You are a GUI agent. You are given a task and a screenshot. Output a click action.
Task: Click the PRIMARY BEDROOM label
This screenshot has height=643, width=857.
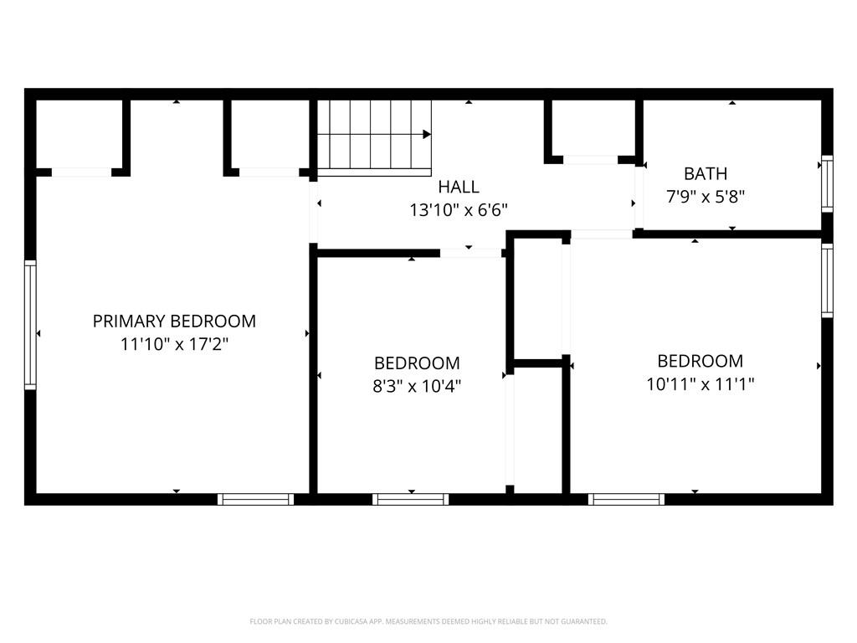174,321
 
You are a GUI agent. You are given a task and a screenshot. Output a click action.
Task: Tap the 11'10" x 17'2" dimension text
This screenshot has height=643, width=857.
174,343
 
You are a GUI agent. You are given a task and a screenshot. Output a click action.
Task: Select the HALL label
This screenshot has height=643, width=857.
459,187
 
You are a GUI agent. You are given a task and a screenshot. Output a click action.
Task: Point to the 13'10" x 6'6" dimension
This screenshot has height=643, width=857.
459,209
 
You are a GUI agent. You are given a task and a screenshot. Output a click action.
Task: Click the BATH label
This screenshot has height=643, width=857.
706,174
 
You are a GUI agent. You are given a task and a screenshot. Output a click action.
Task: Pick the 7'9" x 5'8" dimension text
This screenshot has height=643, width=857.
706,197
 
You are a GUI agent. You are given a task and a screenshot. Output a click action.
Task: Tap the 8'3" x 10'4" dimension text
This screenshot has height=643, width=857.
417,386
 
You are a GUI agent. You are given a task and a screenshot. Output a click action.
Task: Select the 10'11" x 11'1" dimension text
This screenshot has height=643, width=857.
700,384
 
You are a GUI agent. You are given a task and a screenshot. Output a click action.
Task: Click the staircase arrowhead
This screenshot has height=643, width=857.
427,134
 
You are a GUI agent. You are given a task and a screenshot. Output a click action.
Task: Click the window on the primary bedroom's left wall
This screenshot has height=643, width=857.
31,325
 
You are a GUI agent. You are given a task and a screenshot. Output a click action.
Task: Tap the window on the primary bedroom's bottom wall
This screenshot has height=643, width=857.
256,499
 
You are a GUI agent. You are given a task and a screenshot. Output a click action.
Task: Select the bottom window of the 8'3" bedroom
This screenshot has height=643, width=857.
410,499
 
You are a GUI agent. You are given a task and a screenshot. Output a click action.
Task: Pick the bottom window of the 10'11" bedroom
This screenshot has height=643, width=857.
626,499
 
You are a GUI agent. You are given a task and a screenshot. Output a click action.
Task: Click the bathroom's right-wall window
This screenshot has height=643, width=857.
827,183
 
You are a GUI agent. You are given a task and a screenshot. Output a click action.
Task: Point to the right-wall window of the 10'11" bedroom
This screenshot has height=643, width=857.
827,280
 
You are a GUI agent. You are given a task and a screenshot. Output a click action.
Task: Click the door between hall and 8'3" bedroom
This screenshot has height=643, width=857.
470,253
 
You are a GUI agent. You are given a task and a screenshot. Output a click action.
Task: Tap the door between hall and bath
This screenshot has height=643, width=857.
639,198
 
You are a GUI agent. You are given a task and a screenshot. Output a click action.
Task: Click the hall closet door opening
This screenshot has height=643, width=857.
590,159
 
